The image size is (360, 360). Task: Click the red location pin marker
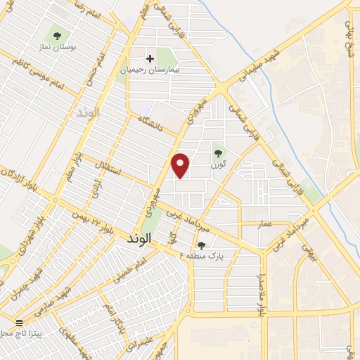coord(181,165)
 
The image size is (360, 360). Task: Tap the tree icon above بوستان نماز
coord(56,34)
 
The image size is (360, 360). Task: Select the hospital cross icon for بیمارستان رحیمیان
coord(149,59)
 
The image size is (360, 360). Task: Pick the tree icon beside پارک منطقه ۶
coord(202,245)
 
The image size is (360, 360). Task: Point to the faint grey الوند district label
coord(89,112)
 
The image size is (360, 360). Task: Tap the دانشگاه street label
coord(152,123)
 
